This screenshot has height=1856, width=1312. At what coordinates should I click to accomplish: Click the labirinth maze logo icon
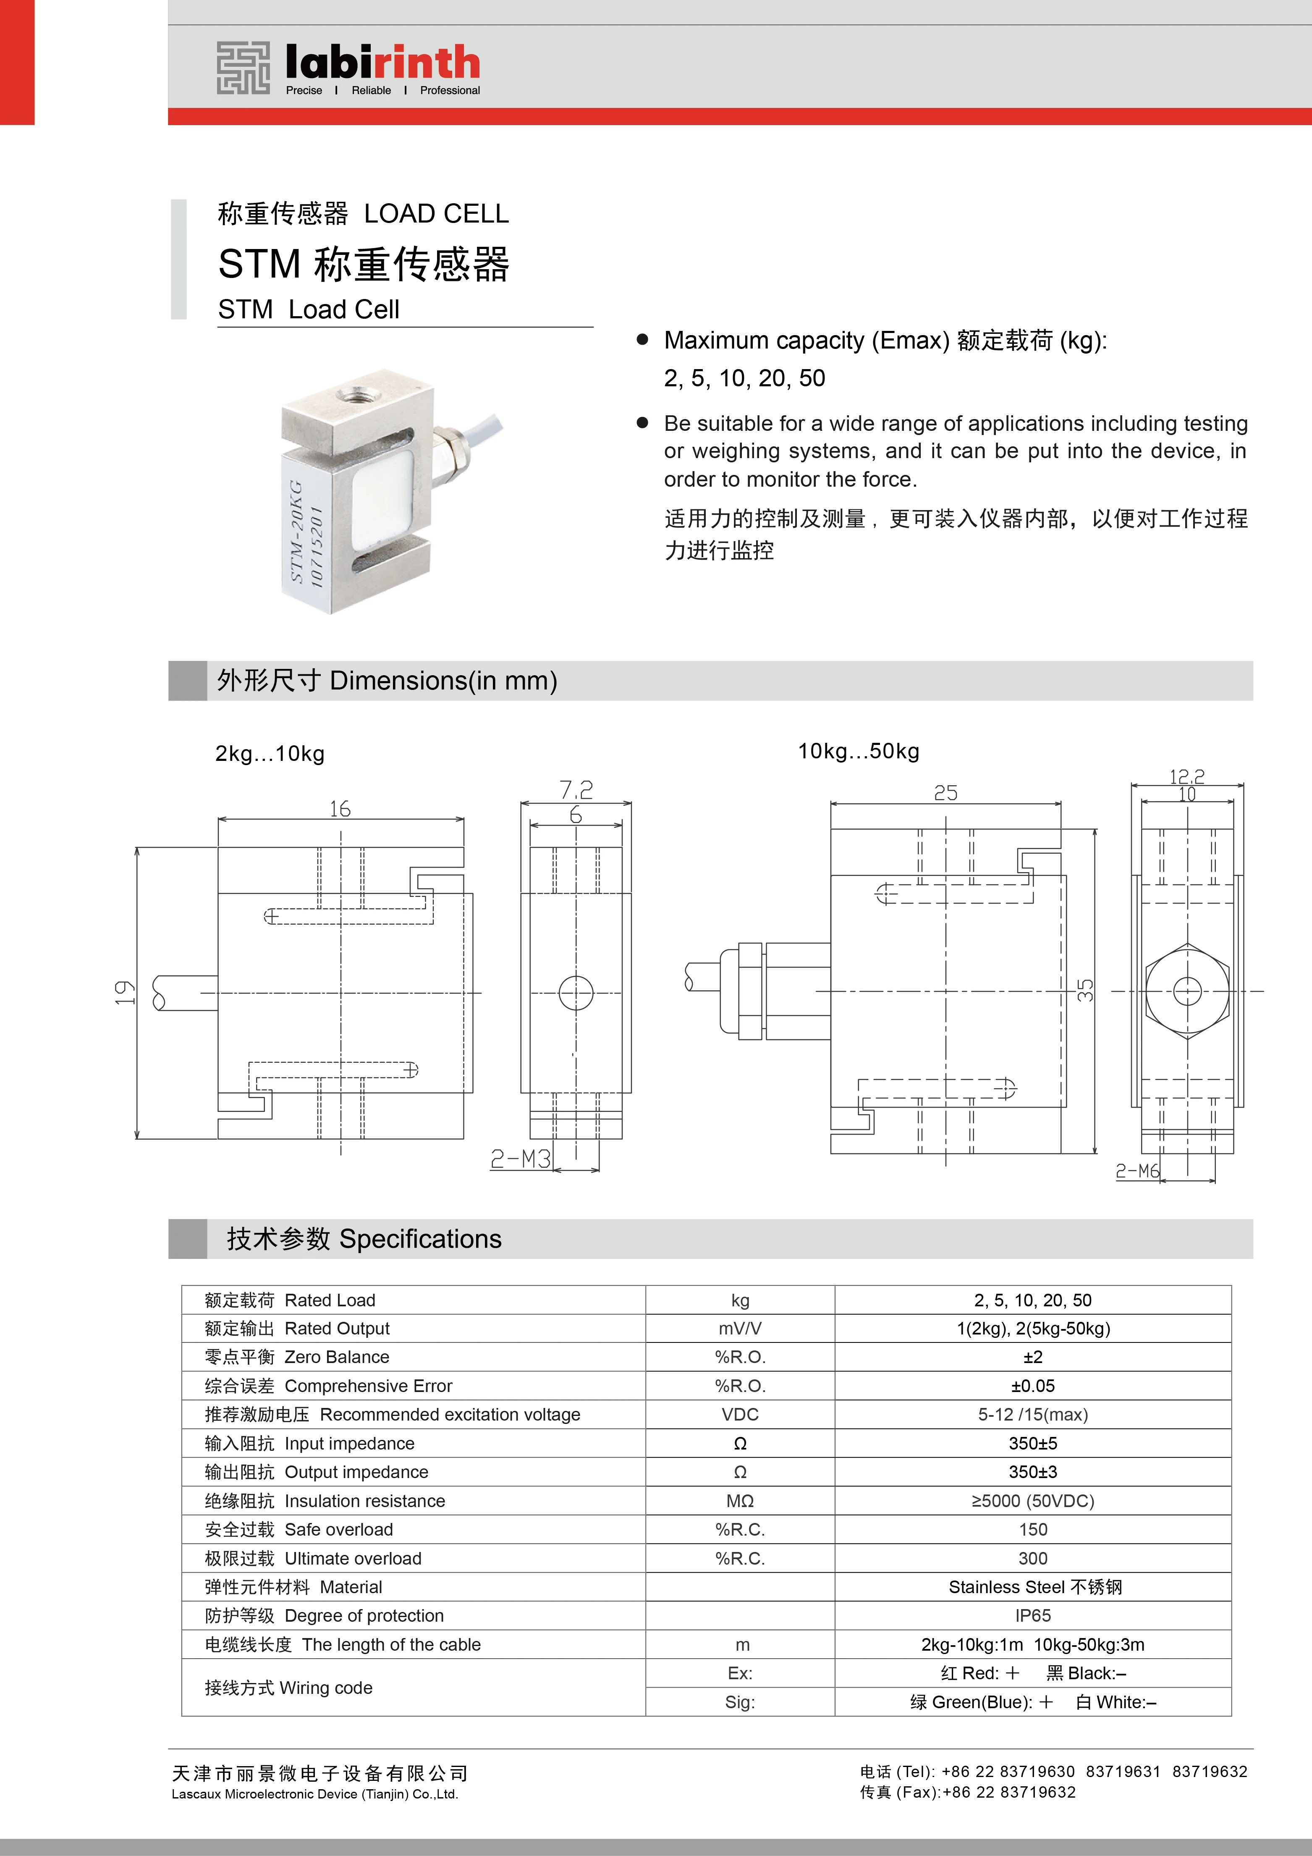click(243, 69)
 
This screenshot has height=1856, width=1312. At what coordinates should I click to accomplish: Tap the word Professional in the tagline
click(450, 91)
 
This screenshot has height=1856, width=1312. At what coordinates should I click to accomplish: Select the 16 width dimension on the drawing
click(340, 808)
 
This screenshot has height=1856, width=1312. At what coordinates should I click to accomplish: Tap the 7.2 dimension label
click(576, 789)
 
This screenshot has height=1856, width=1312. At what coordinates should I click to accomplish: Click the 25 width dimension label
click(946, 793)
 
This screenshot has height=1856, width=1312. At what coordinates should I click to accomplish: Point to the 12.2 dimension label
click(1187, 776)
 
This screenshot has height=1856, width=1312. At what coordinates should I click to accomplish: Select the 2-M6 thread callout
click(1137, 1171)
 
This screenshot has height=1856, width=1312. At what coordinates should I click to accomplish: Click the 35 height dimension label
click(1086, 990)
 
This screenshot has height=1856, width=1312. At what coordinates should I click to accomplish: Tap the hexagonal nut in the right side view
click(1187, 991)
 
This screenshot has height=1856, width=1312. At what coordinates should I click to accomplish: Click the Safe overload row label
click(299, 1529)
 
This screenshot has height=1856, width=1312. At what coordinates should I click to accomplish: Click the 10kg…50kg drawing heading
click(859, 751)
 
